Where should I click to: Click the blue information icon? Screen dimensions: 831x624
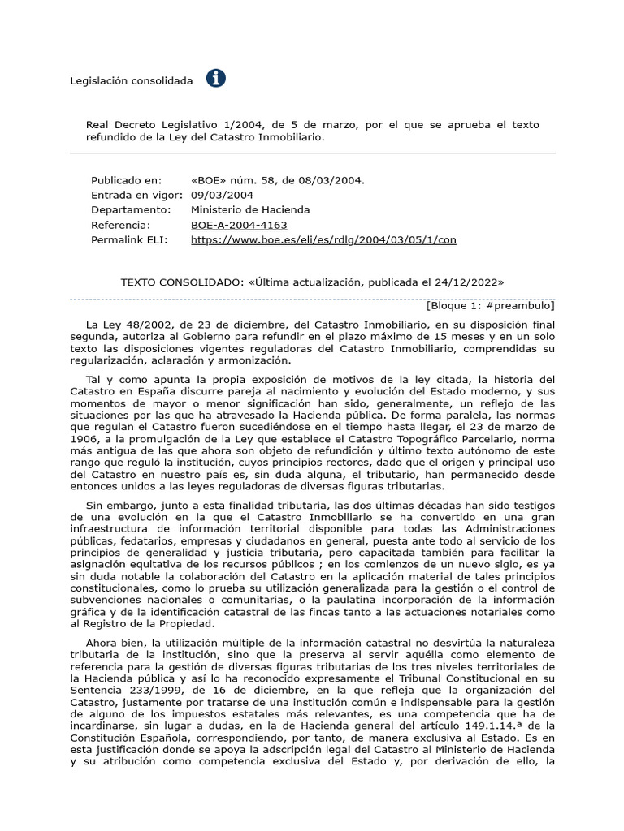(x=216, y=79)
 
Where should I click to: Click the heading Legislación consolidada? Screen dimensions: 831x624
(x=132, y=80)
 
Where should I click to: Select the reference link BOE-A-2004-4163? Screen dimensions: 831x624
(x=239, y=225)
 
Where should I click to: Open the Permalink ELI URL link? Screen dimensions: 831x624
(x=323, y=240)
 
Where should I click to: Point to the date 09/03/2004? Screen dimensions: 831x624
(x=222, y=195)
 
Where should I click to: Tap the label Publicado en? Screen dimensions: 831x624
(x=126, y=179)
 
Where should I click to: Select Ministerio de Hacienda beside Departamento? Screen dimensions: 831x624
(x=250, y=209)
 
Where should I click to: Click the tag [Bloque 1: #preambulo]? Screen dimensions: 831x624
(x=490, y=306)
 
